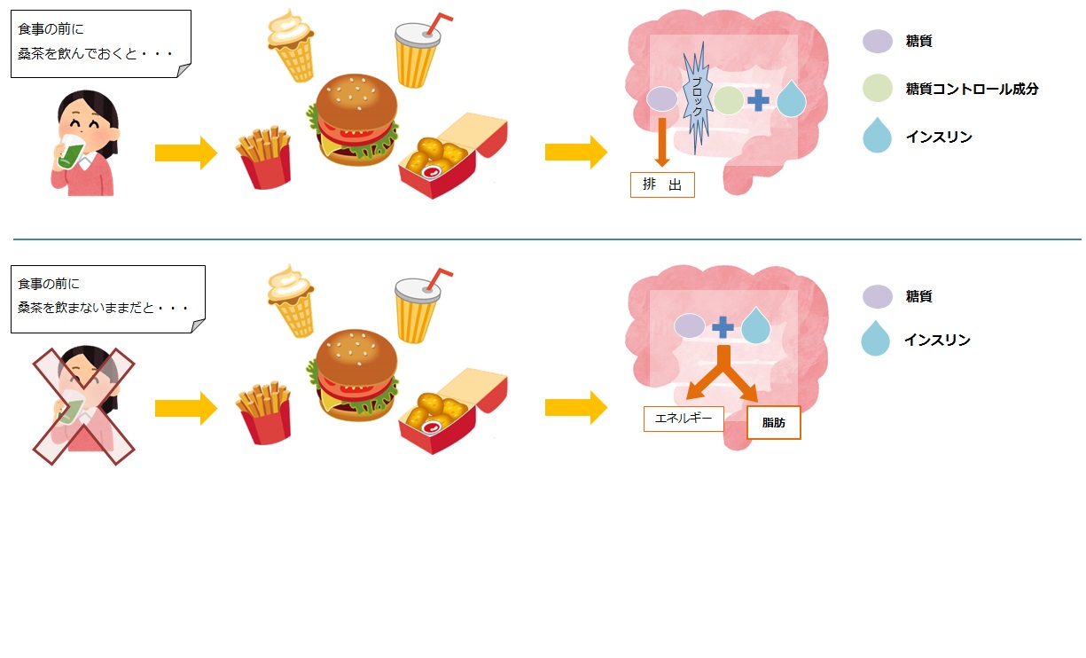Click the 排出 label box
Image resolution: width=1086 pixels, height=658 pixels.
(x=662, y=184)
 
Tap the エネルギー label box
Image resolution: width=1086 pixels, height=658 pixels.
(x=684, y=419)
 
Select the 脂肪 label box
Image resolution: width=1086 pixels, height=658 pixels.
(x=774, y=423)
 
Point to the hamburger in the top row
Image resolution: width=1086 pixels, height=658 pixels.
(x=353, y=120)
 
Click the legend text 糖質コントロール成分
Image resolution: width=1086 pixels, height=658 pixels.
(x=972, y=89)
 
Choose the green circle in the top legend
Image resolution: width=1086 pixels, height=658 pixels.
(x=877, y=88)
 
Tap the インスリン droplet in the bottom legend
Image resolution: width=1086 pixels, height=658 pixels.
(x=876, y=339)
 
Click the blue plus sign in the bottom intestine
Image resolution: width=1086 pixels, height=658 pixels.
(x=723, y=327)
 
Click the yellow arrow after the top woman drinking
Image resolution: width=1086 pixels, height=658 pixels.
(x=185, y=153)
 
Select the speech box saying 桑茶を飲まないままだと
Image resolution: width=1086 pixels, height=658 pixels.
(x=106, y=298)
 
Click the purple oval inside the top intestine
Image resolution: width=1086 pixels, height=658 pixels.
(x=662, y=98)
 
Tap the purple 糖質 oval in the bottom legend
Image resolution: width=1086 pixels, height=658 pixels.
(x=877, y=296)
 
